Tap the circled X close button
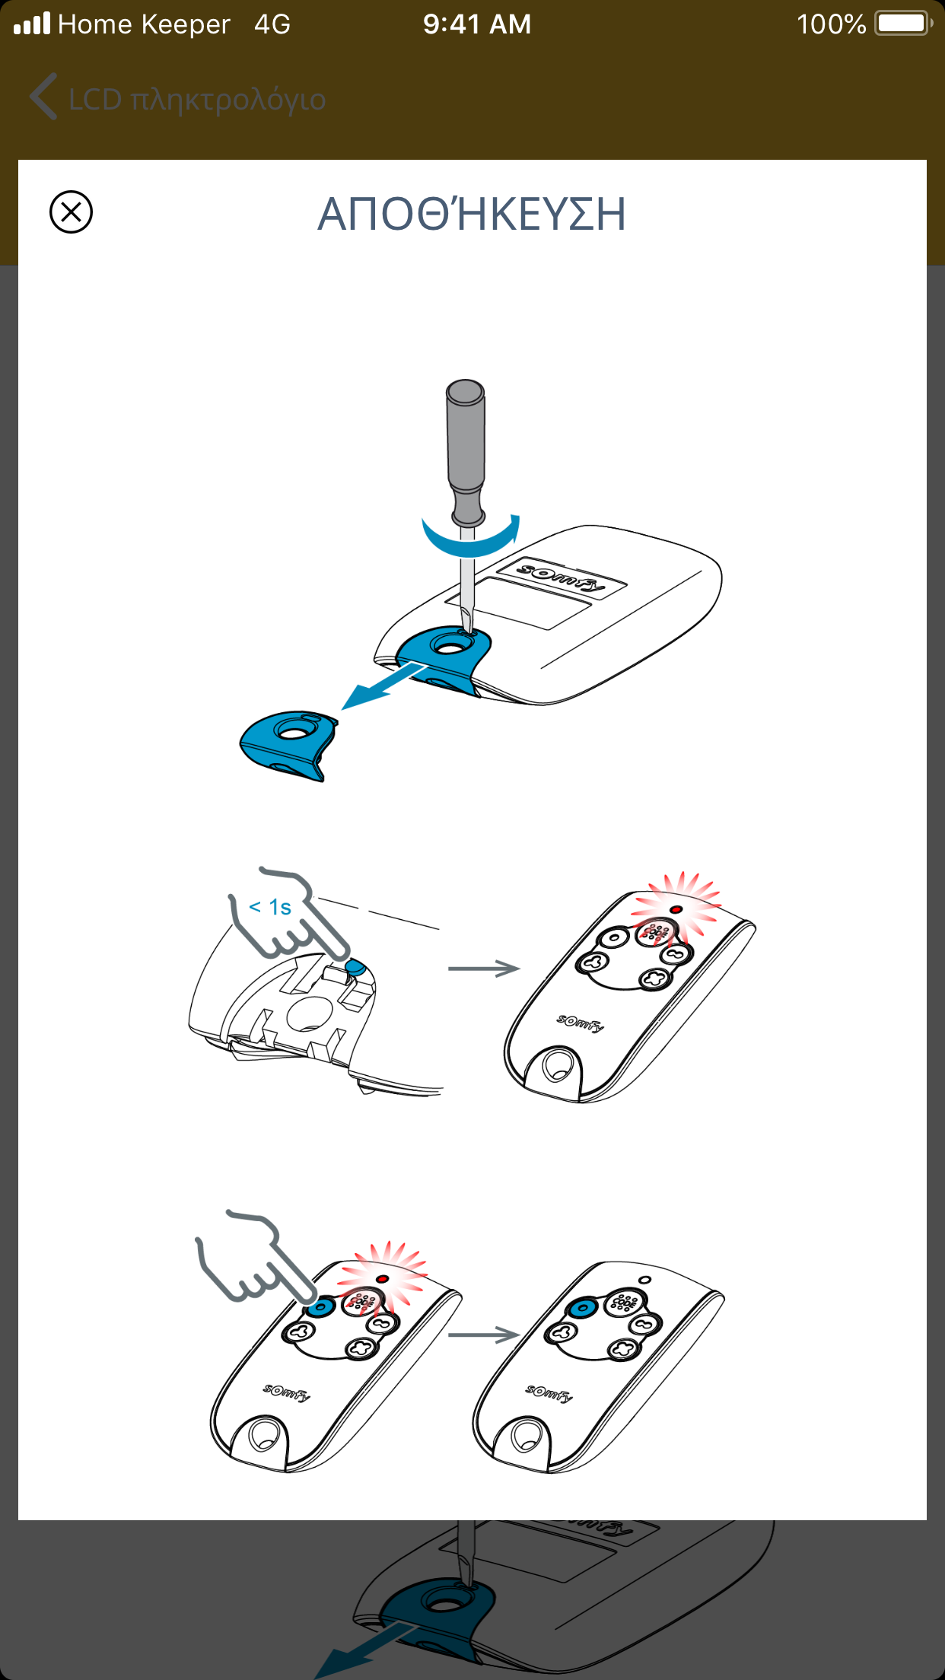71,212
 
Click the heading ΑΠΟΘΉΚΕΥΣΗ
472,213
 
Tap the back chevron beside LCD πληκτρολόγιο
43,97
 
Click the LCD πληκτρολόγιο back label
197,100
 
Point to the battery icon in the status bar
903,24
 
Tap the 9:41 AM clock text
477,24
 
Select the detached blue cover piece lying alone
289,746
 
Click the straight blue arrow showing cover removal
384,685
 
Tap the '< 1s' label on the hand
270,907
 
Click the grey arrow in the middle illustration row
484,969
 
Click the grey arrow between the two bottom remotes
484,1335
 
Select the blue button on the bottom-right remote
583,1308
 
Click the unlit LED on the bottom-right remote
645,1280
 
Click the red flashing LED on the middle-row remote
676,909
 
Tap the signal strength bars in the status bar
32,24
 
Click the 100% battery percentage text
831,24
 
